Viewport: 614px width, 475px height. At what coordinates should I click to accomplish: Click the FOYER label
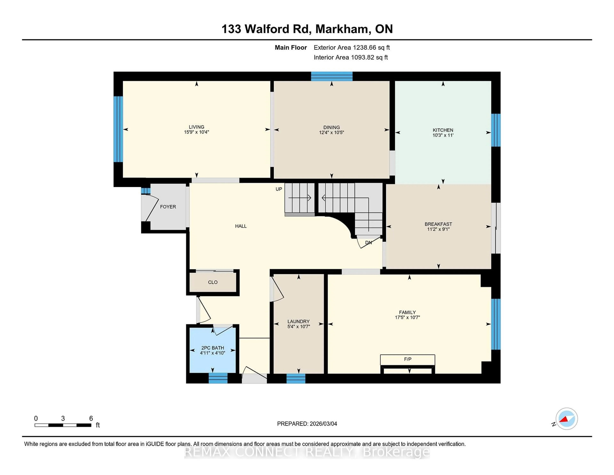168,207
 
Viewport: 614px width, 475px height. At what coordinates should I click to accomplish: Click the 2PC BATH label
213,348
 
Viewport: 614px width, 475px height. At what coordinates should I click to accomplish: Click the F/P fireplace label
407,359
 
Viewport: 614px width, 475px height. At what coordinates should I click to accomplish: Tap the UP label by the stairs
279,189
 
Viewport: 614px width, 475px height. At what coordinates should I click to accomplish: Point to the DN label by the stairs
368,243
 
